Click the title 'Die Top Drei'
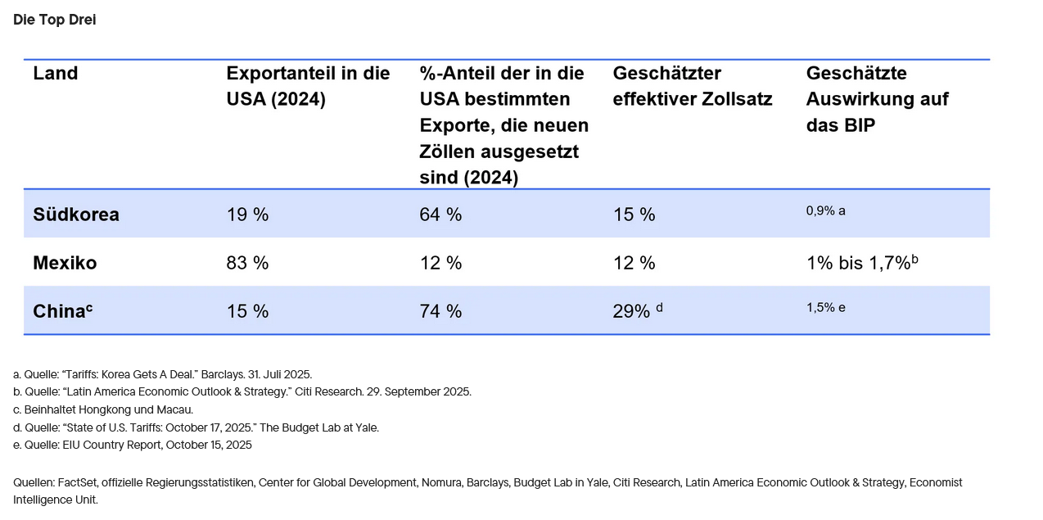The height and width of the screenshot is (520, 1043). point(54,20)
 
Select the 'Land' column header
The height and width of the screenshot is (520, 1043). point(55,73)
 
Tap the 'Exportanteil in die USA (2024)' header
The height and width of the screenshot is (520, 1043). point(308,86)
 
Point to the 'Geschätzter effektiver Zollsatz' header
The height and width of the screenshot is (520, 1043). point(692,86)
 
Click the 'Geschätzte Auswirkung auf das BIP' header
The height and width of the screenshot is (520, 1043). point(877,98)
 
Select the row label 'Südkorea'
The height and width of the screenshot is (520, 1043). point(76,215)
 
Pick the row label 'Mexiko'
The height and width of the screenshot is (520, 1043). point(65,263)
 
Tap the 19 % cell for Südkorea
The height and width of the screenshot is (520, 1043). point(247,215)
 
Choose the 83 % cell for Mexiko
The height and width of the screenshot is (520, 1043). point(247,263)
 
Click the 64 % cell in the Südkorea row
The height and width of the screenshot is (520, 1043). point(440,215)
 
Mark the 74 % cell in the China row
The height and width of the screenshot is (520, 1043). point(440,311)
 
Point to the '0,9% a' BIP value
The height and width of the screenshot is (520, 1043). point(825,210)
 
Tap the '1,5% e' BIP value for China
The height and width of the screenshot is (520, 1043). point(825,307)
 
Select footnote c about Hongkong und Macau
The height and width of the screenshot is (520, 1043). point(103,409)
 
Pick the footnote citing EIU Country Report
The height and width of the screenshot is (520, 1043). point(133,445)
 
